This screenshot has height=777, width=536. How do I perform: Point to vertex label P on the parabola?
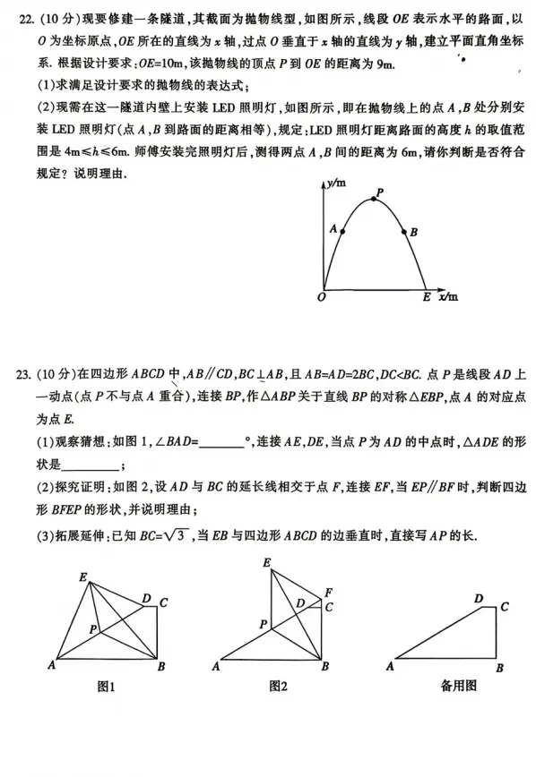click(379, 192)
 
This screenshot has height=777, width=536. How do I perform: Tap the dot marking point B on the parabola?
click(402, 232)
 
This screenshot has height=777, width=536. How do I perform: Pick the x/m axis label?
click(448, 296)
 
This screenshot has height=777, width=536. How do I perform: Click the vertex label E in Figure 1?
click(82, 577)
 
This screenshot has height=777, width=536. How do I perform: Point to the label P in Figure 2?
click(263, 623)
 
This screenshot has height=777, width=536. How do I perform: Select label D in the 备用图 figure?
click(478, 598)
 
